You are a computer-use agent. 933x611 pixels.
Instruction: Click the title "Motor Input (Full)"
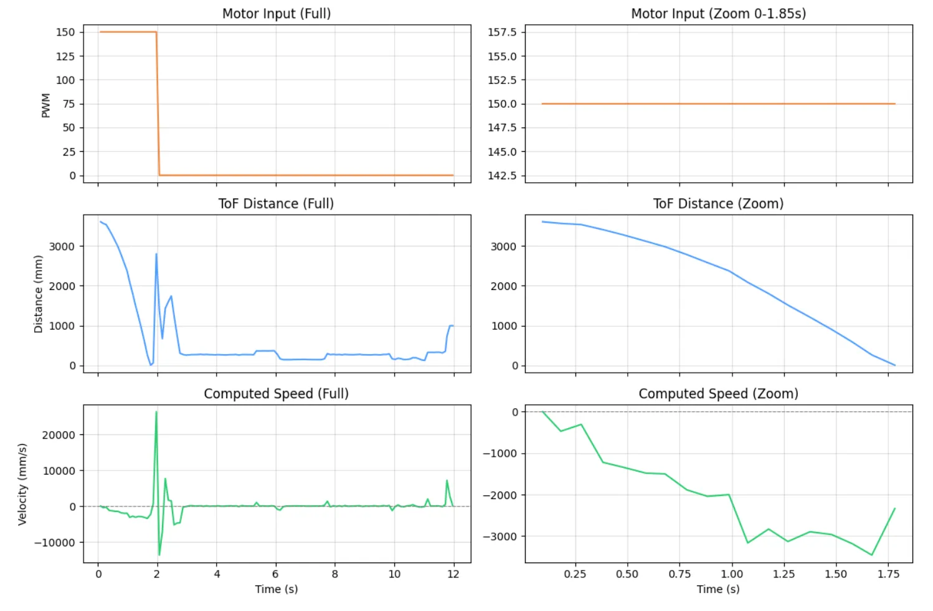(277, 14)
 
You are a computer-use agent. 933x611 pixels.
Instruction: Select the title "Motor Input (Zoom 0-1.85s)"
(718, 14)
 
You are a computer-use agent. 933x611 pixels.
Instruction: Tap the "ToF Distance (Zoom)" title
(718, 203)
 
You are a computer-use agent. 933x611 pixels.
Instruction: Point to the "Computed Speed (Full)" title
(277, 393)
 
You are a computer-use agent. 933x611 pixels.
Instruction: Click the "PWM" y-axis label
(45, 105)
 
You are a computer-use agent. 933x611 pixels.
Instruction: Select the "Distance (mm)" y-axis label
(39, 294)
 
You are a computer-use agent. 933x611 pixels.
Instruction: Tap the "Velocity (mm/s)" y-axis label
(22, 484)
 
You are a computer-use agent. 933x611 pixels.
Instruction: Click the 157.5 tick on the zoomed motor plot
(502, 32)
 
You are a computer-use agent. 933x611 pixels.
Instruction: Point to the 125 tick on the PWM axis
(65, 57)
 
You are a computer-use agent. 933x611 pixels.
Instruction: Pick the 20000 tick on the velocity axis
(59, 435)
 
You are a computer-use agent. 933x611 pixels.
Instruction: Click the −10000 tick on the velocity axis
(55, 543)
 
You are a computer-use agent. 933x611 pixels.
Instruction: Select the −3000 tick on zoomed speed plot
(500, 536)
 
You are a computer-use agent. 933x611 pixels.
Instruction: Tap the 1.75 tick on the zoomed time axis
(888, 574)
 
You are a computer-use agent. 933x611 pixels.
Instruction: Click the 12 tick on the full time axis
(453, 574)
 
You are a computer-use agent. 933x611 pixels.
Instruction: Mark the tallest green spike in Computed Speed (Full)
(156, 412)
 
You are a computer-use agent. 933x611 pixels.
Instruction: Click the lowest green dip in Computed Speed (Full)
(159, 554)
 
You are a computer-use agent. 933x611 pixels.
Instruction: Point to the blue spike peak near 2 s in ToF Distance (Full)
(156, 254)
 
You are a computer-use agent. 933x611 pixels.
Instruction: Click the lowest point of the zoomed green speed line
(872, 555)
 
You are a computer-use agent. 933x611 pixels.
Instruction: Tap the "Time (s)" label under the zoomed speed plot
(718, 589)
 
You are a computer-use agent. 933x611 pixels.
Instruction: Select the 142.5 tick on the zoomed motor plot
(502, 175)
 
